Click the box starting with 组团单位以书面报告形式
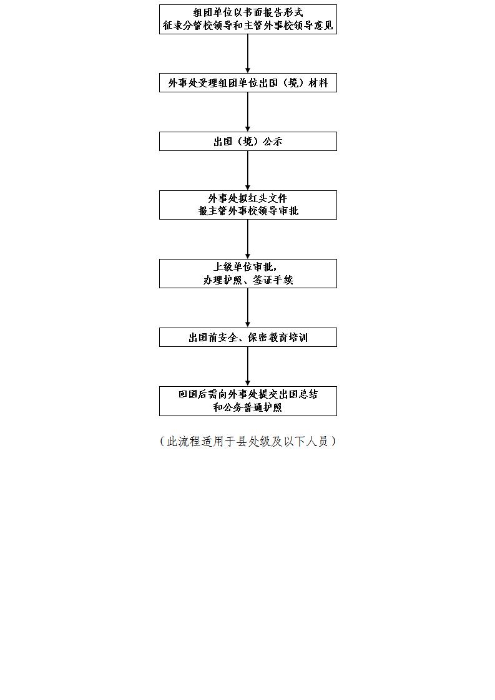pyautogui.click(x=248, y=19)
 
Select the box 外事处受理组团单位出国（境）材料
pyautogui.click(x=248, y=82)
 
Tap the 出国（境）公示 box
pyautogui.click(x=248, y=141)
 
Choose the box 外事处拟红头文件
pyautogui.click(x=248, y=205)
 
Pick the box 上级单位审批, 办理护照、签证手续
pyautogui.click(x=248, y=273)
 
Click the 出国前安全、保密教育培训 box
pyautogui.click(x=248, y=337)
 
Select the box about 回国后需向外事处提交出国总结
pyautogui.click(x=248, y=401)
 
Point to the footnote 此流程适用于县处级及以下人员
pyautogui.click(x=248, y=442)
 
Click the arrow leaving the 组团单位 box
pyautogui.click(x=248, y=54)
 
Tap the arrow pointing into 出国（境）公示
pyautogui.click(x=248, y=112)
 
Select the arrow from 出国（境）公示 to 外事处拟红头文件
pyautogui.click(x=248, y=170)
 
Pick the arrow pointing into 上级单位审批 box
pyautogui.click(x=248, y=240)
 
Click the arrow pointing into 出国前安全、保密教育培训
pyautogui.click(x=248, y=308)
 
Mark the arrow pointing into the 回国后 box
pyautogui.click(x=248, y=366)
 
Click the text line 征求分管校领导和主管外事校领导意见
pyautogui.click(x=248, y=26)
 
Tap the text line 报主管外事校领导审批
pyautogui.click(x=248, y=211)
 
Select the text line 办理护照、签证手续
pyautogui.click(x=248, y=280)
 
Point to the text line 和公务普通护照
pyautogui.click(x=248, y=407)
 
